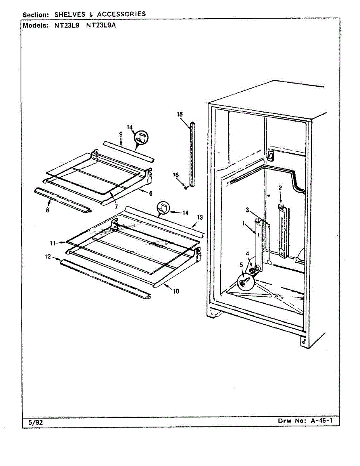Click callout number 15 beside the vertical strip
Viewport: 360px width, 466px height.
click(x=179, y=114)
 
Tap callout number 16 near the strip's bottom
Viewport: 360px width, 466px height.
click(x=176, y=175)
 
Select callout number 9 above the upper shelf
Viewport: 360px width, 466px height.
click(x=121, y=134)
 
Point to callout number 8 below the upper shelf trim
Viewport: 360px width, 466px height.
click(x=47, y=210)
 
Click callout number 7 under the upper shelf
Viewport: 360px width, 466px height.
click(x=116, y=207)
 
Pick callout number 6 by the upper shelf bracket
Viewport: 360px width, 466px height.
click(x=150, y=193)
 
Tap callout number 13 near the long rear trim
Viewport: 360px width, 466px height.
click(x=199, y=218)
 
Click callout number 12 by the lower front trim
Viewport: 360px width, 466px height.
click(x=48, y=256)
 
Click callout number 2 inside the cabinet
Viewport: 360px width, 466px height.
click(x=280, y=188)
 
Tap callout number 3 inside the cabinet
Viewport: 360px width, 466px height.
click(x=247, y=210)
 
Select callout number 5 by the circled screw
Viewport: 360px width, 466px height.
click(x=241, y=265)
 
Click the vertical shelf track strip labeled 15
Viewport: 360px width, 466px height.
click(x=192, y=155)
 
